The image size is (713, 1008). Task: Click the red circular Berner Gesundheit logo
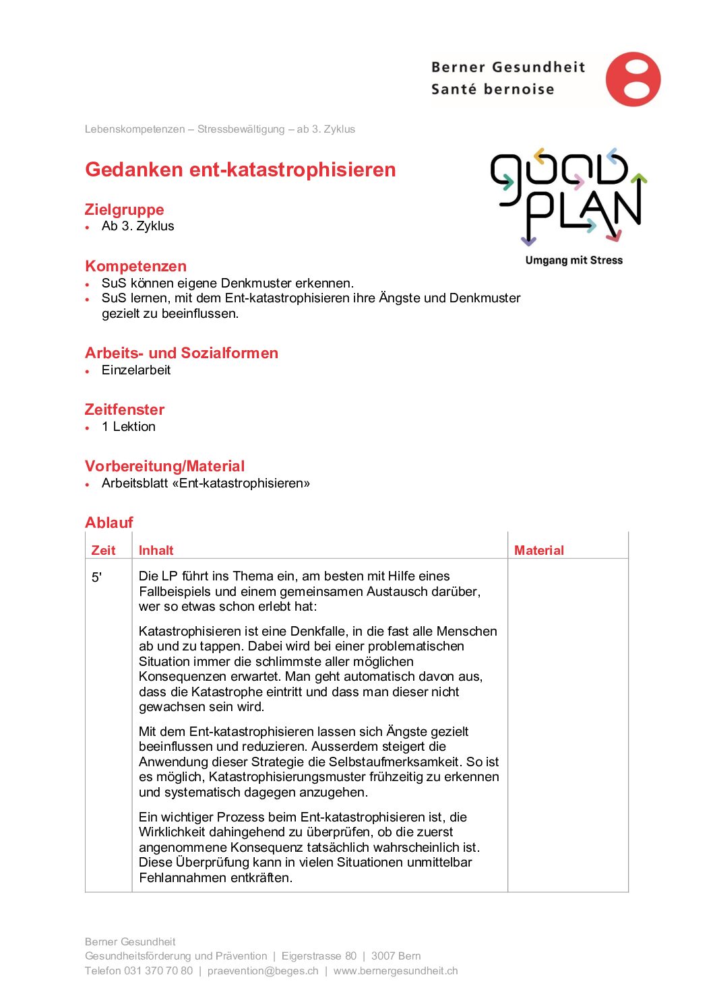point(633,79)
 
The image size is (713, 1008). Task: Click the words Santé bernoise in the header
point(492,90)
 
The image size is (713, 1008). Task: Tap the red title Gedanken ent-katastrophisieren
point(240,170)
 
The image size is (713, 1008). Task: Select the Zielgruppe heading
point(124,209)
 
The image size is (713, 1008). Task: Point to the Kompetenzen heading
point(135,266)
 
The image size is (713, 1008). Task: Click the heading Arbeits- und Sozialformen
point(181,353)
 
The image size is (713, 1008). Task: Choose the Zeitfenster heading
point(124,409)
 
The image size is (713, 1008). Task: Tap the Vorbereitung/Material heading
point(164,466)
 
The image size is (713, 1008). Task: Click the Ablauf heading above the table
point(108,523)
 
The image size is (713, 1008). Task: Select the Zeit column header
point(103,550)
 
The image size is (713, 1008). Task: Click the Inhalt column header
point(156,550)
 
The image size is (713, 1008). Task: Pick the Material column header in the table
point(538,550)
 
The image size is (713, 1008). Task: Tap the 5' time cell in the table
point(97,577)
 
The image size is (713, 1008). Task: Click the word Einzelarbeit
point(136,370)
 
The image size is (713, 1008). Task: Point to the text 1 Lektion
point(129,427)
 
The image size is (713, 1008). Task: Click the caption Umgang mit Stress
point(573,261)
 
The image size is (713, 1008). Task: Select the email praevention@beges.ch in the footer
point(263,971)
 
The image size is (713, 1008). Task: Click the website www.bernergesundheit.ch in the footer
point(396,971)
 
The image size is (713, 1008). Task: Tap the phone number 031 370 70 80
point(158,971)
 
